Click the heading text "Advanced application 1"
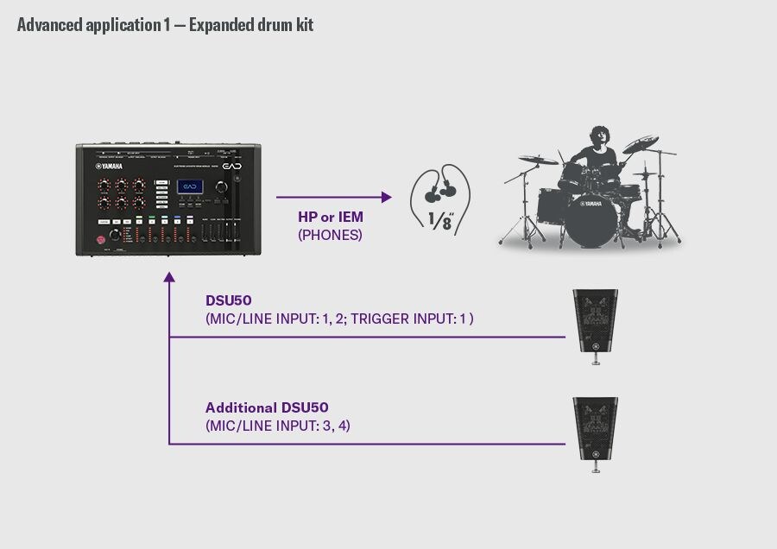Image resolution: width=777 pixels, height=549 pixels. pyautogui.click(x=86, y=24)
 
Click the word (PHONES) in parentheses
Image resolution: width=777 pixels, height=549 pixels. pyautogui.click(x=329, y=234)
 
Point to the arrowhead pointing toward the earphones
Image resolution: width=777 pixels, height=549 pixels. pyautogui.click(x=387, y=198)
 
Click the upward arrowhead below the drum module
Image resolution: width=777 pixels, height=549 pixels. pyautogui.click(x=169, y=279)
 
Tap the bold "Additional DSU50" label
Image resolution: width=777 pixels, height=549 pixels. pyautogui.click(x=267, y=407)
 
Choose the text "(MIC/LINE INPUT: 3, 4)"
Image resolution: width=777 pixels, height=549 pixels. pyautogui.click(x=278, y=426)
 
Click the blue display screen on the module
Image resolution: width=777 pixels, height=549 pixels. pyautogui.click(x=190, y=187)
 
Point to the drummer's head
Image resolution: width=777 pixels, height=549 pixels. pyautogui.click(x=597, y=139)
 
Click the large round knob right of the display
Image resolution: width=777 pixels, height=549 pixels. pyautogui.click(x=224, y=188)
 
